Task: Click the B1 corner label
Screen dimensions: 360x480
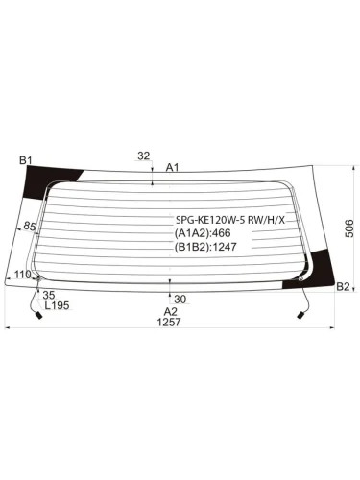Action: tap(26, 160)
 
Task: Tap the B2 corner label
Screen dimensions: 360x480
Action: tap(343, 287)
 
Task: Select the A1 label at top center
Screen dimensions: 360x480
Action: tap(172, 167)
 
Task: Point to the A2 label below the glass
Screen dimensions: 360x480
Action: tap(170, 311)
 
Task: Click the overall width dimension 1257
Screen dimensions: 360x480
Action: tap(169, 322)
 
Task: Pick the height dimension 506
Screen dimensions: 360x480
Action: tap(349, 228)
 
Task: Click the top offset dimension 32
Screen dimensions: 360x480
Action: tap(144, 156)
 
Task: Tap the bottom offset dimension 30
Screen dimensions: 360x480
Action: tap(180, 300)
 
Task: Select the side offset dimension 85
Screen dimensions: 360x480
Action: tap(30, 227)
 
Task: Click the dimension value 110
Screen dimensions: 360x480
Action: tap(23, 275)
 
